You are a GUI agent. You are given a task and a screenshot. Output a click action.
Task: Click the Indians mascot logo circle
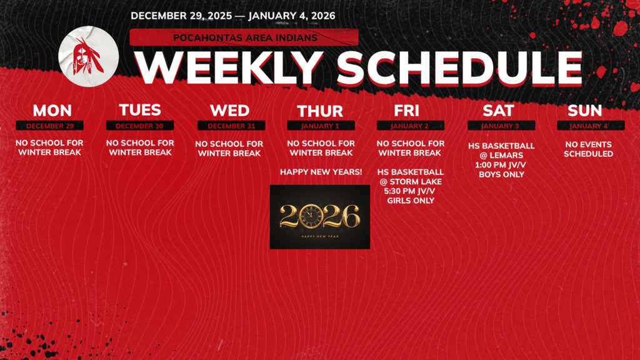(88, 56)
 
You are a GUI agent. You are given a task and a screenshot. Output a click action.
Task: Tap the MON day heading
(52, 111)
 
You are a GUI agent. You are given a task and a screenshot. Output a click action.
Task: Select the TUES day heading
(140, 110)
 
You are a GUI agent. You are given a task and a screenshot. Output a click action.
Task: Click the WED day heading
(229, 111)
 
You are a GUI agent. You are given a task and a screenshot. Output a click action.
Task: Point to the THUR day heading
(320, 111)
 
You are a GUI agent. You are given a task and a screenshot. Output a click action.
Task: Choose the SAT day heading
(498, 111)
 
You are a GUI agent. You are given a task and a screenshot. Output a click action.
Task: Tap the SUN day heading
(585, 111)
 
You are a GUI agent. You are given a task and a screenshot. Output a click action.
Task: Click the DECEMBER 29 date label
(50, 126)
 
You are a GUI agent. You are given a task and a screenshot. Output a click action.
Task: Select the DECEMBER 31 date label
(231, 126)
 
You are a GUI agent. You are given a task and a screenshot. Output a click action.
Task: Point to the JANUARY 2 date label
(410, 126)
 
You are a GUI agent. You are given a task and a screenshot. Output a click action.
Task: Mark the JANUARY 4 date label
(588, 126)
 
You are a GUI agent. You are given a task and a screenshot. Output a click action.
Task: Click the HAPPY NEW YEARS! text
(321, 171)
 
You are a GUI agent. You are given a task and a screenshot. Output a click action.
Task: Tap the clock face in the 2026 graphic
(310, 216)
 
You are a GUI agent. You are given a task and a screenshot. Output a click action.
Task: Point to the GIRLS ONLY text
(411, 201)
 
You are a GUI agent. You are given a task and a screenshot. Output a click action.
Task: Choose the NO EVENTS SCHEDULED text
(588, 149)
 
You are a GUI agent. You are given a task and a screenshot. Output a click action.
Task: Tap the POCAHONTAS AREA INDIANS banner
(245, 37)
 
